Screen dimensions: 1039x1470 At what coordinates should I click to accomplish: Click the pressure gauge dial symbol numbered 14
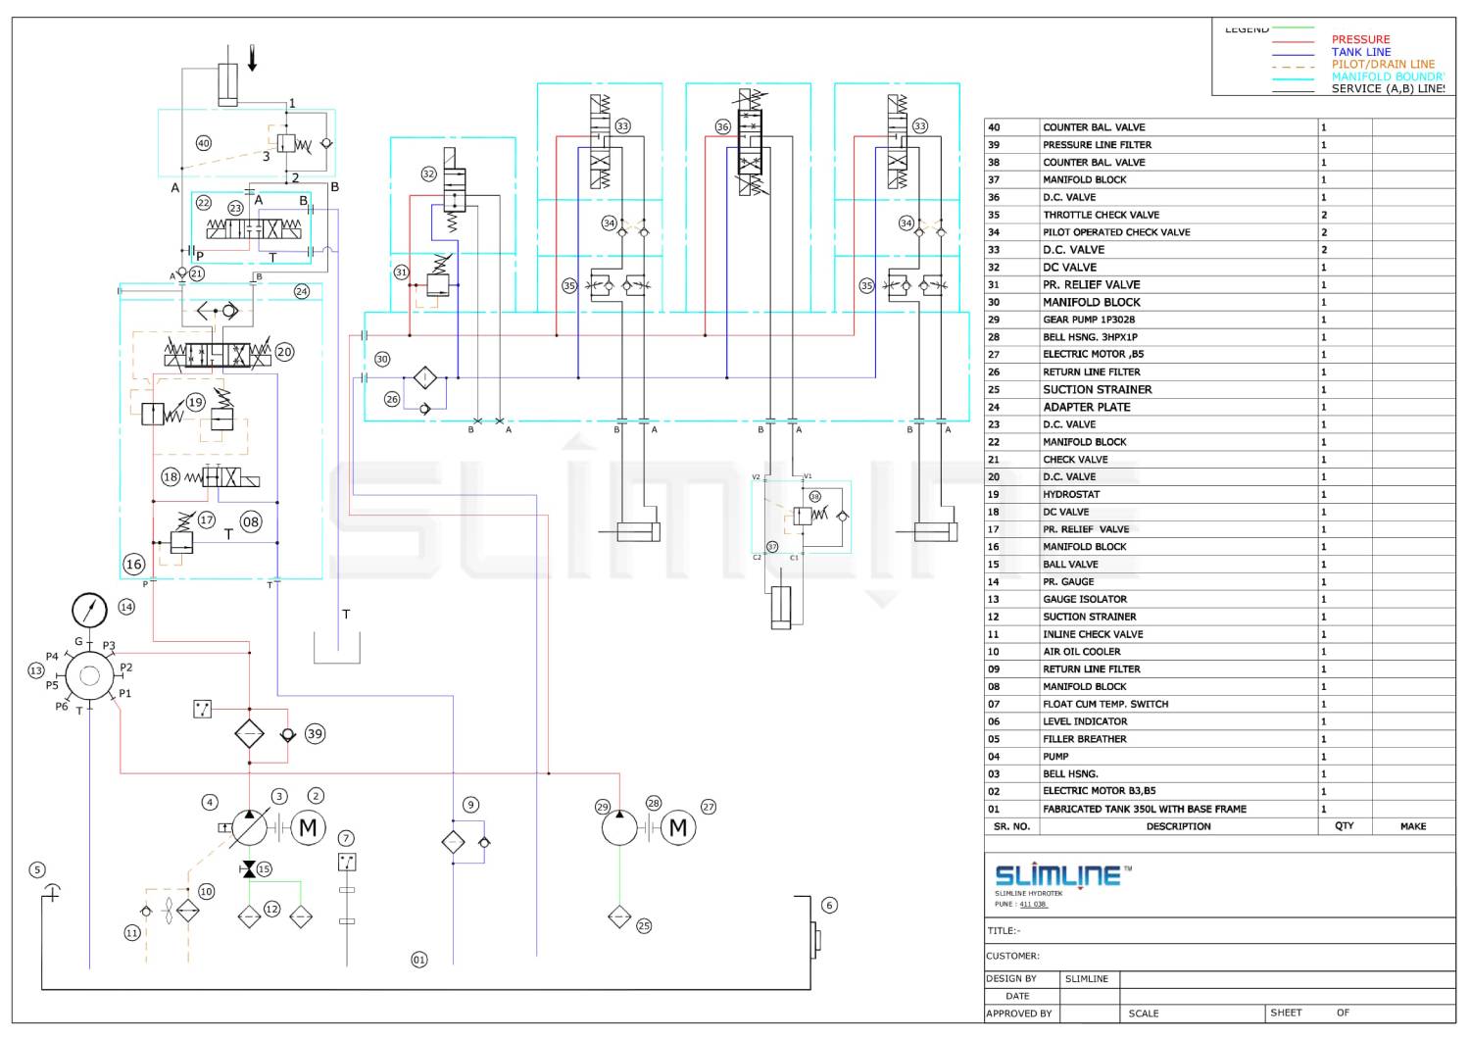coord(89,610)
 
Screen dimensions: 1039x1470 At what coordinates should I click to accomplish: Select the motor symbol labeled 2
coord(307,828)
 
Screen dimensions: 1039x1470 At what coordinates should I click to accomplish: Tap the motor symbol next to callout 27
coord(677,828)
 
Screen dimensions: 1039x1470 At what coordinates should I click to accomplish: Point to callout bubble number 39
coord(314,733)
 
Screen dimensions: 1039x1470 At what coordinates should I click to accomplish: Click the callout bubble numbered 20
coord(284,351)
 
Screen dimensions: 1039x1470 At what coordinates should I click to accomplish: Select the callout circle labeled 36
coord(722,126)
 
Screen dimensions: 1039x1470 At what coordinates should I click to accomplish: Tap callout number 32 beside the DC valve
coord(428,173)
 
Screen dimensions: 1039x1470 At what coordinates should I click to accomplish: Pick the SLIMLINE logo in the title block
coord(1057,874)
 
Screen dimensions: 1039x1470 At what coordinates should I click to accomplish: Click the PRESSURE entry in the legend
coord(1360,39)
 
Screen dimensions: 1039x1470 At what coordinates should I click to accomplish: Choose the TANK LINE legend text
coord(1360,52)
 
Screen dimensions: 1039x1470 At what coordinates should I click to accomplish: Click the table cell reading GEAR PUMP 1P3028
coord(1088,320)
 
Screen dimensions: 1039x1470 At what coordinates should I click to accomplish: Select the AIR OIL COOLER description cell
coord(1081,652)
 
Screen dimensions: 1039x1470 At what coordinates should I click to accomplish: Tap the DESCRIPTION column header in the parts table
coord(1178,826)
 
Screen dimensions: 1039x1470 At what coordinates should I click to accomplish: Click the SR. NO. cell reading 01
coord(994,810)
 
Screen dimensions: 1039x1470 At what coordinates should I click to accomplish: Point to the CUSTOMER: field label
coord(1012,956)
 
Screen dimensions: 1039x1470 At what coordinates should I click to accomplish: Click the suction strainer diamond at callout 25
coord(619,916)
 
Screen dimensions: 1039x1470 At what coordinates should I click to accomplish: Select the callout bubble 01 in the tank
coord(418,960)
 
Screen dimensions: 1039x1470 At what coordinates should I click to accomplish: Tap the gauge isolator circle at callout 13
coord(89,675)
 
